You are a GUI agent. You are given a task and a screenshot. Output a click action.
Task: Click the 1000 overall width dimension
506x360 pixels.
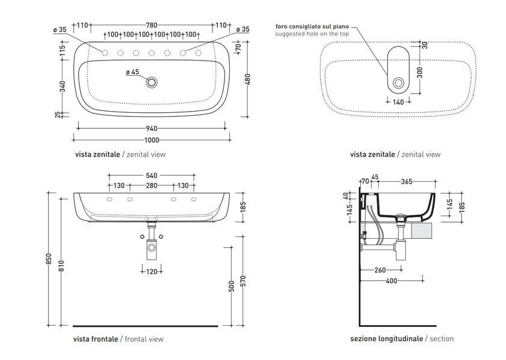point(151,140)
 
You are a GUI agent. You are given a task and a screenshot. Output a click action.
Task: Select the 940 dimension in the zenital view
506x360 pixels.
point(151,128)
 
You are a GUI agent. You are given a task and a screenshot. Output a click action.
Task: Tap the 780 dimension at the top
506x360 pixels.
point(151,25)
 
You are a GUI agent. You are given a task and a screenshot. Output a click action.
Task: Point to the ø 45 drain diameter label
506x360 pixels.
point(132,71)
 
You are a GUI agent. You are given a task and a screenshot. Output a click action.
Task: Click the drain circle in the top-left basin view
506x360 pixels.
point(151,82)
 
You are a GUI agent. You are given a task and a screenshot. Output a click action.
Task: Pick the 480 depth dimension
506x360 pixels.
point(247,79)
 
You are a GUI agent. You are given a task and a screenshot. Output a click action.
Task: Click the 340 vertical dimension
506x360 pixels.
point(62,86)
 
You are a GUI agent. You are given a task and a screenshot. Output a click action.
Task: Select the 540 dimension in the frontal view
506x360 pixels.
point(151,175)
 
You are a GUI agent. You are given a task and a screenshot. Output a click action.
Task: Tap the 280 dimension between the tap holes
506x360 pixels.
point(151,185)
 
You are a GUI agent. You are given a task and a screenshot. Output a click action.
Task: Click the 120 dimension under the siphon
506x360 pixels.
point(152,272)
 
